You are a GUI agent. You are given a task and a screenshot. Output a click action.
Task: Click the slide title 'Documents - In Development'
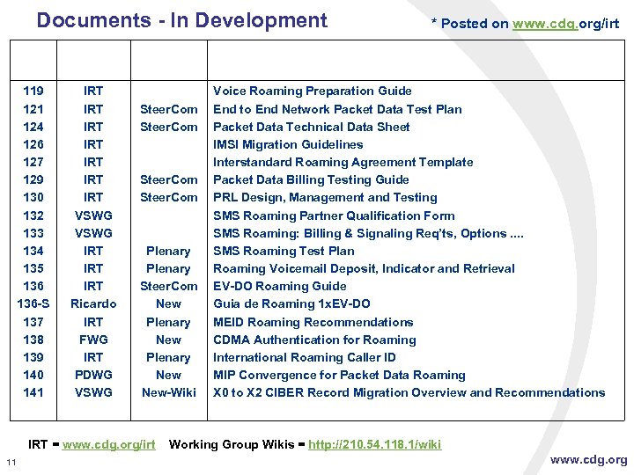(x=181, y=20)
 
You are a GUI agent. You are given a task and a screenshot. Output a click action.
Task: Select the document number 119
(x=33, y=91)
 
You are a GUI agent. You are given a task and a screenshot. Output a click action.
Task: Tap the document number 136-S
(x=33, y=303)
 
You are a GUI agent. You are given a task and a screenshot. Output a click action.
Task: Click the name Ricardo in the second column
(x=93, y=303)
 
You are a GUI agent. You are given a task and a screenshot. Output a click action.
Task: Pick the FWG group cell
(x=93, y=340)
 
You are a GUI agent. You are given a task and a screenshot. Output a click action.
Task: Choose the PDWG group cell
(x=93, y=375)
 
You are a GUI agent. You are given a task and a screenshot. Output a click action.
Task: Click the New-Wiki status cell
(x=168, y=392)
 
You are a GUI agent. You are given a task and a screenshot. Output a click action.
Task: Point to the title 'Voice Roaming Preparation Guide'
(x=313, y=91)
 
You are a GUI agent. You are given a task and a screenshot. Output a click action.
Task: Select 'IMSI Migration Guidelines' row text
(x=288, y=144)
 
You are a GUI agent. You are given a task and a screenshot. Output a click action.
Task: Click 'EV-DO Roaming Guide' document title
(x=280, y=286)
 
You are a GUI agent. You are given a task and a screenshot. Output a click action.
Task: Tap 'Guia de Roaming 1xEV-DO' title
(x=291, y=303)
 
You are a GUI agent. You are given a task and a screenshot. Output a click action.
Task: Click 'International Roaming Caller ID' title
(x=305, y=357)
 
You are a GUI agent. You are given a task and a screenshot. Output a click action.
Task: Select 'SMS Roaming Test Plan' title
(x=284, y=251)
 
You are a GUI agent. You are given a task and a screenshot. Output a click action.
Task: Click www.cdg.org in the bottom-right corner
(x=589, y=459)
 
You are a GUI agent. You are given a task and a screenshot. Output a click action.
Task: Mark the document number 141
(x=33, y=392)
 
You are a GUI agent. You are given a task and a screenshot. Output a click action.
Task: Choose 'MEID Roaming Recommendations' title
(x=313, y=322)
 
